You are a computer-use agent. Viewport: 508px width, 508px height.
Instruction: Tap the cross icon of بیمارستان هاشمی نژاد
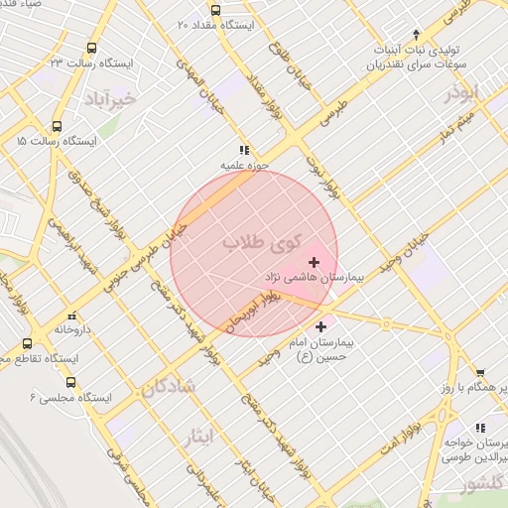pyautogui.click(x=315, y=262)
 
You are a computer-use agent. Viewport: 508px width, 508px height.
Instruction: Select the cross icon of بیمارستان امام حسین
pyautogui.click(x=320, y=326)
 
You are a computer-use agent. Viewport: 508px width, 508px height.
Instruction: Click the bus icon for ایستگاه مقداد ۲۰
pyautogui.click(x=181, y=22)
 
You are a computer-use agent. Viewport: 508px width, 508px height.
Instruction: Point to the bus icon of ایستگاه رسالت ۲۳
pyautogui.click(x=92, y=48)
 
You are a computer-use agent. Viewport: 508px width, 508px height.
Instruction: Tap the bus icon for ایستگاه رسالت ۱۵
pyautogui.click(x=57, y=127)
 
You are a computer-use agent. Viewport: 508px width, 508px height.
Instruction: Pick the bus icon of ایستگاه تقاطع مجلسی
pyautogui.click(x=27, y=343)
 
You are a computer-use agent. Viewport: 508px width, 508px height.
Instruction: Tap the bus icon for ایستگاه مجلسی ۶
pyautogui.click(x=70, y=382)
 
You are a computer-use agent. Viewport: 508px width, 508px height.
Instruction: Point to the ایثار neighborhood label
pyautogui.click(x=199, y=436)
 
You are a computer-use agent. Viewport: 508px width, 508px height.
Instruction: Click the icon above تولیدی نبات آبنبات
pyautogui.click(x=416, y=34)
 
